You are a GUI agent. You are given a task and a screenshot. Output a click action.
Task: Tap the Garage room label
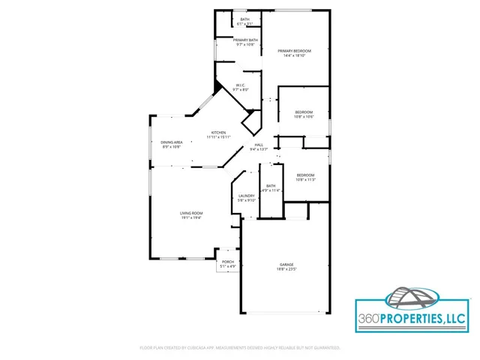tap(286, 265)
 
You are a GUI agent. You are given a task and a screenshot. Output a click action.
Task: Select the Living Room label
tap(191, 213)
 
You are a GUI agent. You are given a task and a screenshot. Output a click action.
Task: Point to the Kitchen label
tap(218, 133)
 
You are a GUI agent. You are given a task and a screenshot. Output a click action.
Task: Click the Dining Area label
tap(172, 142)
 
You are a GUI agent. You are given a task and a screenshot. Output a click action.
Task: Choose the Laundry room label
tap(247, 196)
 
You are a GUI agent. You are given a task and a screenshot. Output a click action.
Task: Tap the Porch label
tap(228, 262)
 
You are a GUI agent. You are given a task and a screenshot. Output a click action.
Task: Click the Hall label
tap(259, 145)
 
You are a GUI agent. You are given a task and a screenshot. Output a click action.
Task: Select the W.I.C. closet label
tap(240, 85)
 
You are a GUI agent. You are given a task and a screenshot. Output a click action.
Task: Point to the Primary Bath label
tap(245, 40)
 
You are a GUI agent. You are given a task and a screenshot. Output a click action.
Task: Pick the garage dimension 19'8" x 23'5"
tap(286, 269)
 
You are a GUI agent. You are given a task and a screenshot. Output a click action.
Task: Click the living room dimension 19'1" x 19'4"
tap(191, 217)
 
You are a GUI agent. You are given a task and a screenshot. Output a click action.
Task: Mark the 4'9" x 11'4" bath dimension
tap(271, 190)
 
